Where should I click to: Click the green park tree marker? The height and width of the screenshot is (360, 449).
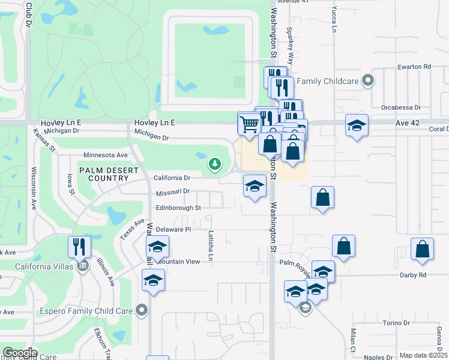tap(214, 164)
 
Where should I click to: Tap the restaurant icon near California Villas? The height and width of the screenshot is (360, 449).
tap(79, 247)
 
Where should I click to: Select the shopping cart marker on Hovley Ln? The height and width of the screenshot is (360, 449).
tap(249, 125)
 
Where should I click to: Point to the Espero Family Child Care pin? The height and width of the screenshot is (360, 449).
tap(142, 310)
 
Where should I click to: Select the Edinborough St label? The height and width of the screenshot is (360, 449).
tap(178, 208)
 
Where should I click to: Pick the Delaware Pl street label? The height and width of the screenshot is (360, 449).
tap(173, 229)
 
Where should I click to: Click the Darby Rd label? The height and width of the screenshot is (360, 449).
tap(413, 275)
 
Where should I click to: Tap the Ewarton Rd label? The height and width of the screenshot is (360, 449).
tap(414, 67)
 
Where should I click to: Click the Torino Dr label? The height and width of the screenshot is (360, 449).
tap(396, 323)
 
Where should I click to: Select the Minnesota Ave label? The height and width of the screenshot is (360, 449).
tap(106, 155)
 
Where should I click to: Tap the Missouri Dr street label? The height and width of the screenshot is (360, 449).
tap(172, 191)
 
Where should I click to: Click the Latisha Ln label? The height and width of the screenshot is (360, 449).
tap(211, 246)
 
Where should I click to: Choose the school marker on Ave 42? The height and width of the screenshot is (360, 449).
tap(357, 126)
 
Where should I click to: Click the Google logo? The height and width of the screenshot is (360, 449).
tap(20, 353)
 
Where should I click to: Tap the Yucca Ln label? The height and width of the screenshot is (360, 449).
tap(334, 18)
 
